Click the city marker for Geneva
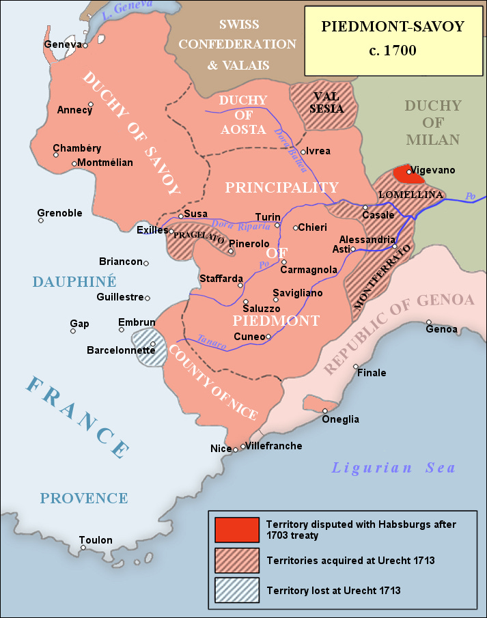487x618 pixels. coord(86,46)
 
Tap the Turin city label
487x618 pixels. coord(267,216)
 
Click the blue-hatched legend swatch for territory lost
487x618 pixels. coord(236,590)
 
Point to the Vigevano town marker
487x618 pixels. coord(408,172)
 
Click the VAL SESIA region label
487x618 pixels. coord(326,102)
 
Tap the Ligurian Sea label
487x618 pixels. coord(393,468)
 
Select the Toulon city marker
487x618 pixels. coord(83,548)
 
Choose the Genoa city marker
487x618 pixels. coord(429,322)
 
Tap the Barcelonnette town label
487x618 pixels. coord(121,350)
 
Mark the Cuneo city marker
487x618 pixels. coord(268,337)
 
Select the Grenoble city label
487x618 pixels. coord(59,213)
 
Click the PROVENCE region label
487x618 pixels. coord(83,498)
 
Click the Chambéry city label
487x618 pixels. coord(76,149)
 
